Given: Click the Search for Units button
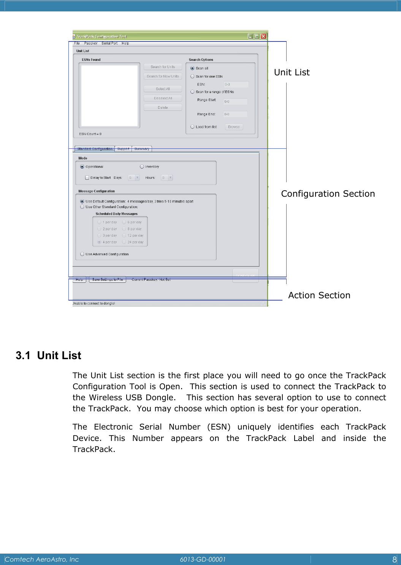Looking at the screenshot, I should (163, 67).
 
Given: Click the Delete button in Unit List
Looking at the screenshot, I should (163, 108).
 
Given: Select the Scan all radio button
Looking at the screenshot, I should (192, 68).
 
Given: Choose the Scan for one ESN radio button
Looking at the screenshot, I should (192, 76).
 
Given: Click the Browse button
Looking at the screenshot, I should (234, 127).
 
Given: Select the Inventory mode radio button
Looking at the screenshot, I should (142, 167).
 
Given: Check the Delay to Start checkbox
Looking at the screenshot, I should (87, 178).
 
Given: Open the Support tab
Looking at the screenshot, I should (123, 149).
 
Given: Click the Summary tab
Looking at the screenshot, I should (142, 149).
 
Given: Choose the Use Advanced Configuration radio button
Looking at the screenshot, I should (82, 254).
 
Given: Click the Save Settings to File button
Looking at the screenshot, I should (108, 280).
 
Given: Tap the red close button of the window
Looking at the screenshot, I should (263, 37).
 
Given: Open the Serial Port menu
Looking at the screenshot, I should (109, 43).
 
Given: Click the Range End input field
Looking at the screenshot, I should (235, 114).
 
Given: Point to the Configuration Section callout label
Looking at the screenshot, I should (328, 194).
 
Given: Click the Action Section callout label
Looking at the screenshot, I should (319, 295).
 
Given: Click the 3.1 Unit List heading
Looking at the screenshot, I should (49, 355).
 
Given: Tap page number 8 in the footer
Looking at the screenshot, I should (395, 559).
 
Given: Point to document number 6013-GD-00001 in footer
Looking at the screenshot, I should (203, 559).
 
